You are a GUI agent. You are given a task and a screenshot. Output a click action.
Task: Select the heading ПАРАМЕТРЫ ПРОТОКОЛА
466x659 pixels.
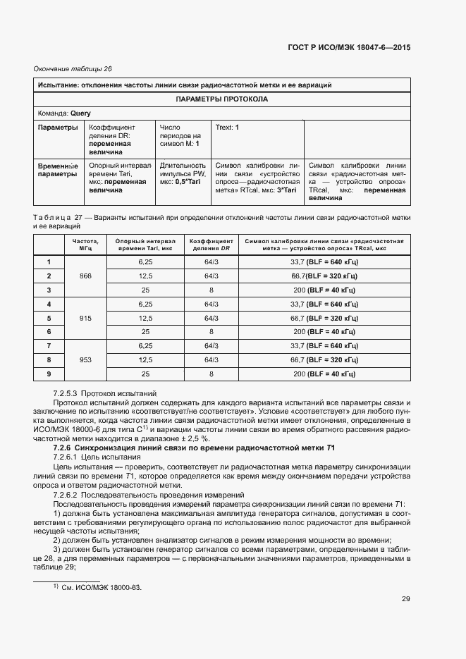pos(221,99)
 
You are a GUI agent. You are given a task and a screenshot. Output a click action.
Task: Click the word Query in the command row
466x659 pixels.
pos(80,113)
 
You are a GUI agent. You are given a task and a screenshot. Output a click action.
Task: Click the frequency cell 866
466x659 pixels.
pos(86,276)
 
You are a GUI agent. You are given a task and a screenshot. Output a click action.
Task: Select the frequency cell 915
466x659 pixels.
pos(86,318)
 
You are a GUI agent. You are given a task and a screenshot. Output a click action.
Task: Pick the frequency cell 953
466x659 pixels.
pos(86,359)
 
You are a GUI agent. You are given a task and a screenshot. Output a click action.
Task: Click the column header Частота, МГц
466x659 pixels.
pos(86,245)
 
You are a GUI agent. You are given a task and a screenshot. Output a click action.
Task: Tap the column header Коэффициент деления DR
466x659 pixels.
pos(211,245)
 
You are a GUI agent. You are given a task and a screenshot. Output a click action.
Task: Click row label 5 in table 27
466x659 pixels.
pos(49,318)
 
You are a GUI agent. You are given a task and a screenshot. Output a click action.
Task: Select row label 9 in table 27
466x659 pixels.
pos(49,374)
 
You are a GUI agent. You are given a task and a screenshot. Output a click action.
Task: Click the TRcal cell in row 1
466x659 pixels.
pos(324,262)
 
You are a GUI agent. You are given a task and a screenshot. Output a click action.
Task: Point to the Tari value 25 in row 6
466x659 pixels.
pos(145,331)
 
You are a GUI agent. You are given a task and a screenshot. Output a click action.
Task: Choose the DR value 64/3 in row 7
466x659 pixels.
pos(211,346)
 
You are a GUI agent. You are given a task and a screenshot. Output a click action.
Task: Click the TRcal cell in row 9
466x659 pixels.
pos(324,374)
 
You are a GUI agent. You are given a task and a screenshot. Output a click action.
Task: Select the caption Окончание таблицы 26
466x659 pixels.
pos(73,68)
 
